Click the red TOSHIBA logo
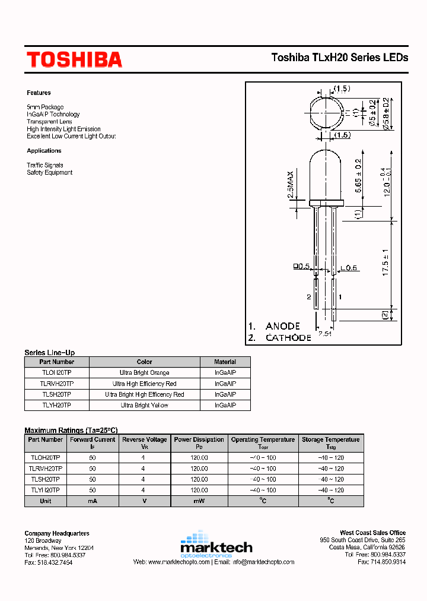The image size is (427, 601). [74, 59]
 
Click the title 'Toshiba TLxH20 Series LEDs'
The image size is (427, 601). [340, 58]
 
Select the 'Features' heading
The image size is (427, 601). [39, 93]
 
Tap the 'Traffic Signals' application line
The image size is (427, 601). [44, 165]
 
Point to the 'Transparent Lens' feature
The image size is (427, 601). [49, 122]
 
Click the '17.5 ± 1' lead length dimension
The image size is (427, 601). [385, 261]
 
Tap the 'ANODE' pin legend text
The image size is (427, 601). [282, 326]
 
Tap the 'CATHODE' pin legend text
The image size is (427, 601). [288, 337]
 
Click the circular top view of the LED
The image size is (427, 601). [324, 112]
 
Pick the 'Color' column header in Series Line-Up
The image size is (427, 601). [144, 362]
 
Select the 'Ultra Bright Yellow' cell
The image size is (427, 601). [144, 405]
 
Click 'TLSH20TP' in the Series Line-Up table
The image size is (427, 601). [56, 394]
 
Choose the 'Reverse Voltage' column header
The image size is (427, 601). [144, 440]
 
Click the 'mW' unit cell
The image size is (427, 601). [199, 501]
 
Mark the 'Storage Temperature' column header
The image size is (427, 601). [330, 440]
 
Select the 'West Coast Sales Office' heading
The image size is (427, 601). [372, 533]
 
